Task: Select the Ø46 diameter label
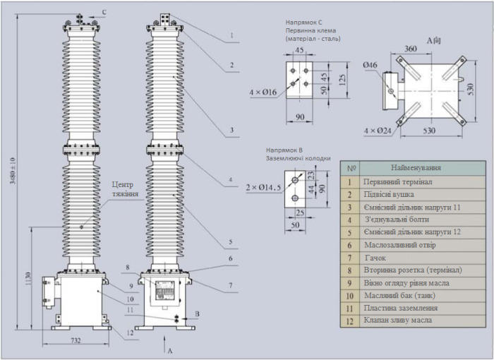pyautogui.click(x=371, y=66)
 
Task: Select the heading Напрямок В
pyautogui.click(x=284, y=150)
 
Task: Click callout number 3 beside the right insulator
pyautogui.click(x=231, y=131)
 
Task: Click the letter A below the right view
pyautogui.click(x=169, y=350)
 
